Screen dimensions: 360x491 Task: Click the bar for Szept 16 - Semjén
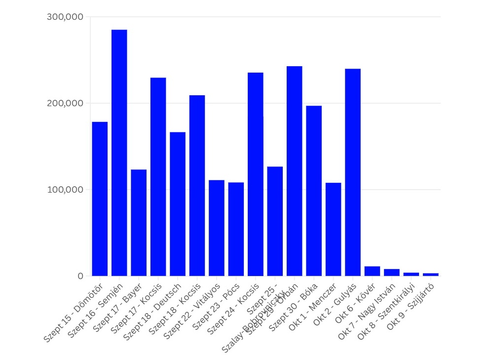coord(119,153)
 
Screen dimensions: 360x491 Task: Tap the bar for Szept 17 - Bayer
coord(139,223)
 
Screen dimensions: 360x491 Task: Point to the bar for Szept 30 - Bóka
coord(314,191)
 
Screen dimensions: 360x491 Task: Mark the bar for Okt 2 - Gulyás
coord(353,172)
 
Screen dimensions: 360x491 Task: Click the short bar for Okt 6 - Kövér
coord(372,271)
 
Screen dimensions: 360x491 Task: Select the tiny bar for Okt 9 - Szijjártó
coord(430,274)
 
